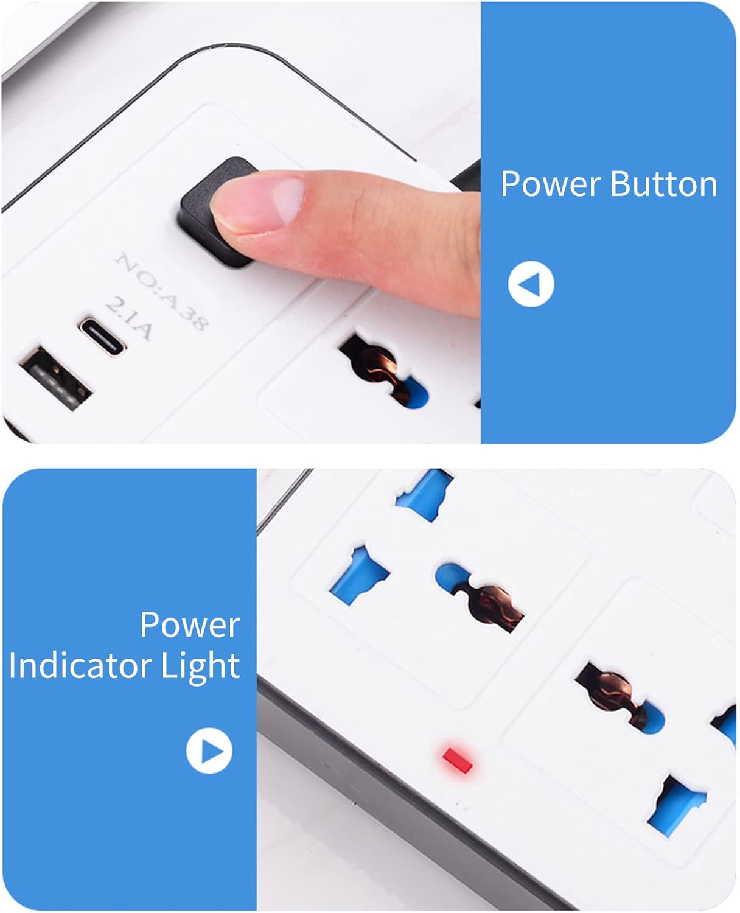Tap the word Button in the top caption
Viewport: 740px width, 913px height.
pyautogui.click(x=663, y=184)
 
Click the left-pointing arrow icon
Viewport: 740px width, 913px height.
pyautogui.click(x=531, y=284)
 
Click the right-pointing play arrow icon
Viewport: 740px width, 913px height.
pyautogui.click(x=209, y=750)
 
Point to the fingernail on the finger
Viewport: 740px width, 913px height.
pyautogui.click(x=288, y=201)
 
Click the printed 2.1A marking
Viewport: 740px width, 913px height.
pyautogui.click(x=128, y=318)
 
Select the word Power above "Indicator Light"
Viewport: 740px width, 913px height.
pyautogui.click(x=190, y=625)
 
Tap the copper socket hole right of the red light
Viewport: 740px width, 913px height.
pyautogui.click(x=619, y=698)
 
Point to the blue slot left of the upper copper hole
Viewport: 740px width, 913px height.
pyautogui.click(x=359, y=575)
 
